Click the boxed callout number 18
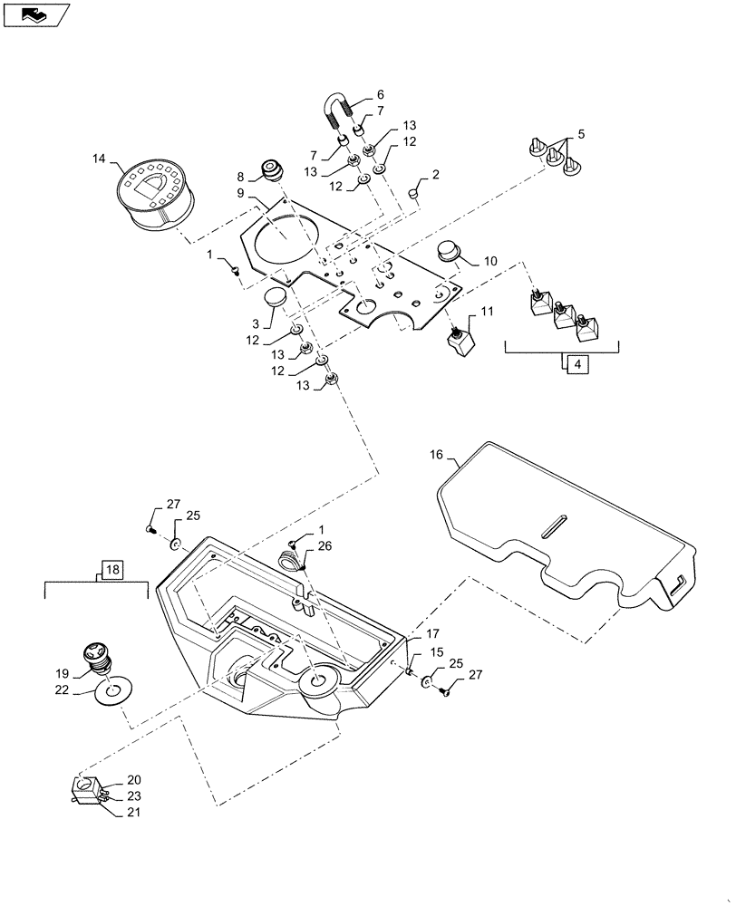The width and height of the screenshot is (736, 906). click(111, 570)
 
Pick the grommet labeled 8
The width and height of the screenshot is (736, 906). click(271, 169)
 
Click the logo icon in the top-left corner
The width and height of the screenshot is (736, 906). click(35, 13)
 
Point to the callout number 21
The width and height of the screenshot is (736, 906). click(134, 810)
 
